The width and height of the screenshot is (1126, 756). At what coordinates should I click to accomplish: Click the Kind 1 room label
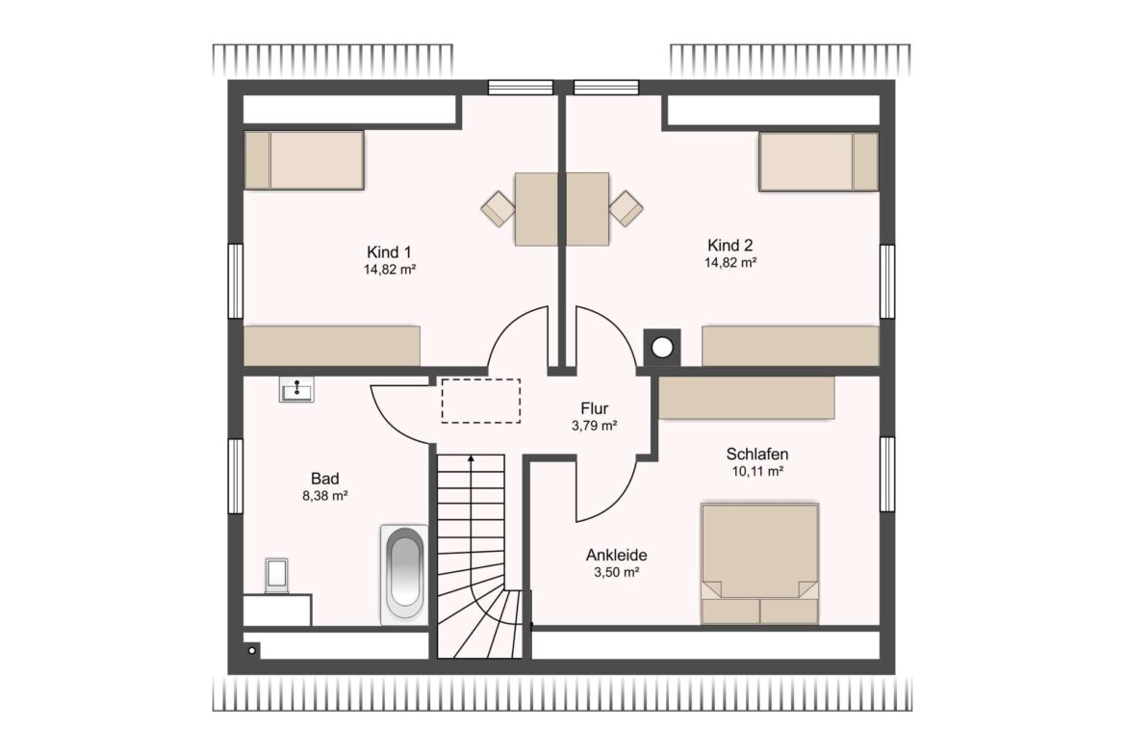coord(389,252)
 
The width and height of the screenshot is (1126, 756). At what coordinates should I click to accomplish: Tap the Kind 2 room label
coord(729,245)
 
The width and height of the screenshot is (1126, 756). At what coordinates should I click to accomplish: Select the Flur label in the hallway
coord(595,409)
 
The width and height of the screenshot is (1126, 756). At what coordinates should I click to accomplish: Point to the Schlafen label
coord(756,455)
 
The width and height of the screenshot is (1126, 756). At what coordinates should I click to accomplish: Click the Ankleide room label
coord(616,555)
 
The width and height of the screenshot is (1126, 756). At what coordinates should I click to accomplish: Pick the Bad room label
coord(324,479)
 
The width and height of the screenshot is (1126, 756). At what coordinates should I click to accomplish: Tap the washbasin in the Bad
coord(296,389)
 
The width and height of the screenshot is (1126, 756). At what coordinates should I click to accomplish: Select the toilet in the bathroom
coord(276,576)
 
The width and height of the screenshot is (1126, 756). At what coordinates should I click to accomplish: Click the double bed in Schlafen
coord(759,563)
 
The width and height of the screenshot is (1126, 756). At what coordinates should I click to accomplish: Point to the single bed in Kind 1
coord(304,160)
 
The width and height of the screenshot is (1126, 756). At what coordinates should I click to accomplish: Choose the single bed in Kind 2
coord(819,162)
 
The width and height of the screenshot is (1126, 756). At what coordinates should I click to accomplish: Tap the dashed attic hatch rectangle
coord(481,401)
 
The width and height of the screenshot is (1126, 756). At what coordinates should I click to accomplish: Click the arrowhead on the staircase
coord(471,458)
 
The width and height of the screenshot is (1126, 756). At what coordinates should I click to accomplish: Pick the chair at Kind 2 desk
coord(626,208)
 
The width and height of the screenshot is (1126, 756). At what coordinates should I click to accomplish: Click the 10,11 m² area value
coord(756,472)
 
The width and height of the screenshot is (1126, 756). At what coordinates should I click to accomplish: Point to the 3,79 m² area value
coord(595,426)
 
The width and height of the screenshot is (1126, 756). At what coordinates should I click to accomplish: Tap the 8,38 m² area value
coord(325,495)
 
